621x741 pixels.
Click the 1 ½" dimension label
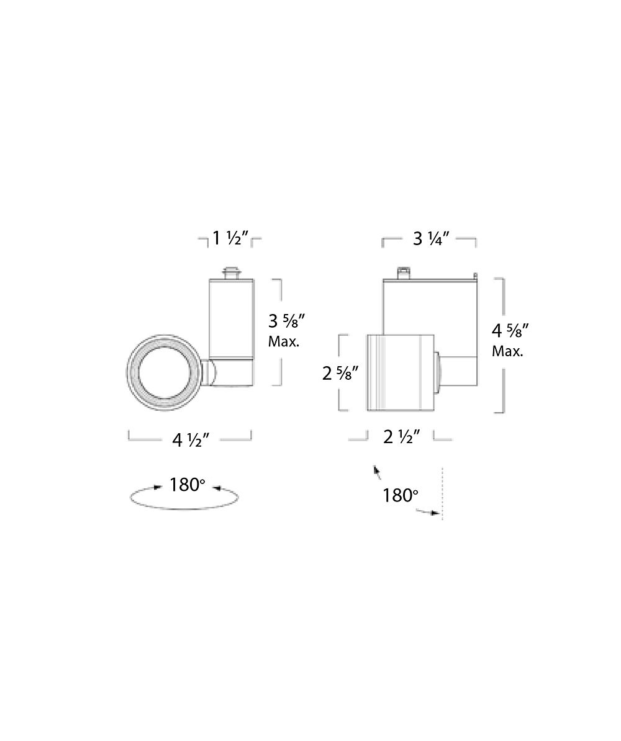(x=230, y=238)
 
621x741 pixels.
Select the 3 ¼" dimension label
(x=430, y=239)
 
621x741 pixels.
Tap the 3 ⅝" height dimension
(x=286, y=321)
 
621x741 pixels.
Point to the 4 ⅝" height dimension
(x=510, y=330)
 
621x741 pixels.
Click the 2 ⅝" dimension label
(x=340, y=374)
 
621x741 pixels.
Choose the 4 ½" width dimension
(x=191, y=440)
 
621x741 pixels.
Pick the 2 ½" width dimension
(x=401, y=437)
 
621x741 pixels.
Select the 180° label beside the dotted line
(x=400, y=496)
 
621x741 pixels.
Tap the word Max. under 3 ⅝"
(x=284, y=342)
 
